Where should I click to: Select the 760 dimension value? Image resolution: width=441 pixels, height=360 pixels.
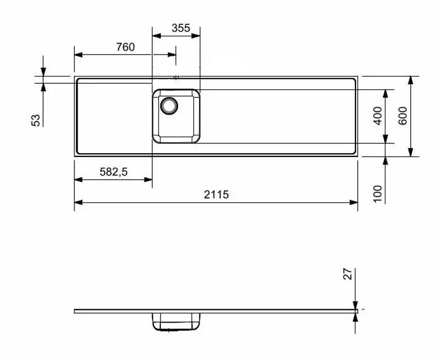[125, 47]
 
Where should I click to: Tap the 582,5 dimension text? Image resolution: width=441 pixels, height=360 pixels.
[114, 172]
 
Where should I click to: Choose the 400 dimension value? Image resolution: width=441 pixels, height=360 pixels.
[378, 116]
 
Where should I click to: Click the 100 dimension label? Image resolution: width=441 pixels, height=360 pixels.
[378, 194]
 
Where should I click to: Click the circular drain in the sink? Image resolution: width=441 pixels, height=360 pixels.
[169, 104]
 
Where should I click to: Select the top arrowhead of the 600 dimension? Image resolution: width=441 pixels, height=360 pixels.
[410, 80]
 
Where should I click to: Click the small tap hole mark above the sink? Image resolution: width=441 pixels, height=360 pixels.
[176, 77]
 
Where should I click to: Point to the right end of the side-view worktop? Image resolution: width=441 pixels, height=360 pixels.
[357, 311]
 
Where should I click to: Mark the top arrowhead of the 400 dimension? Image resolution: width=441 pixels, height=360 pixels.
[386, 93]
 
